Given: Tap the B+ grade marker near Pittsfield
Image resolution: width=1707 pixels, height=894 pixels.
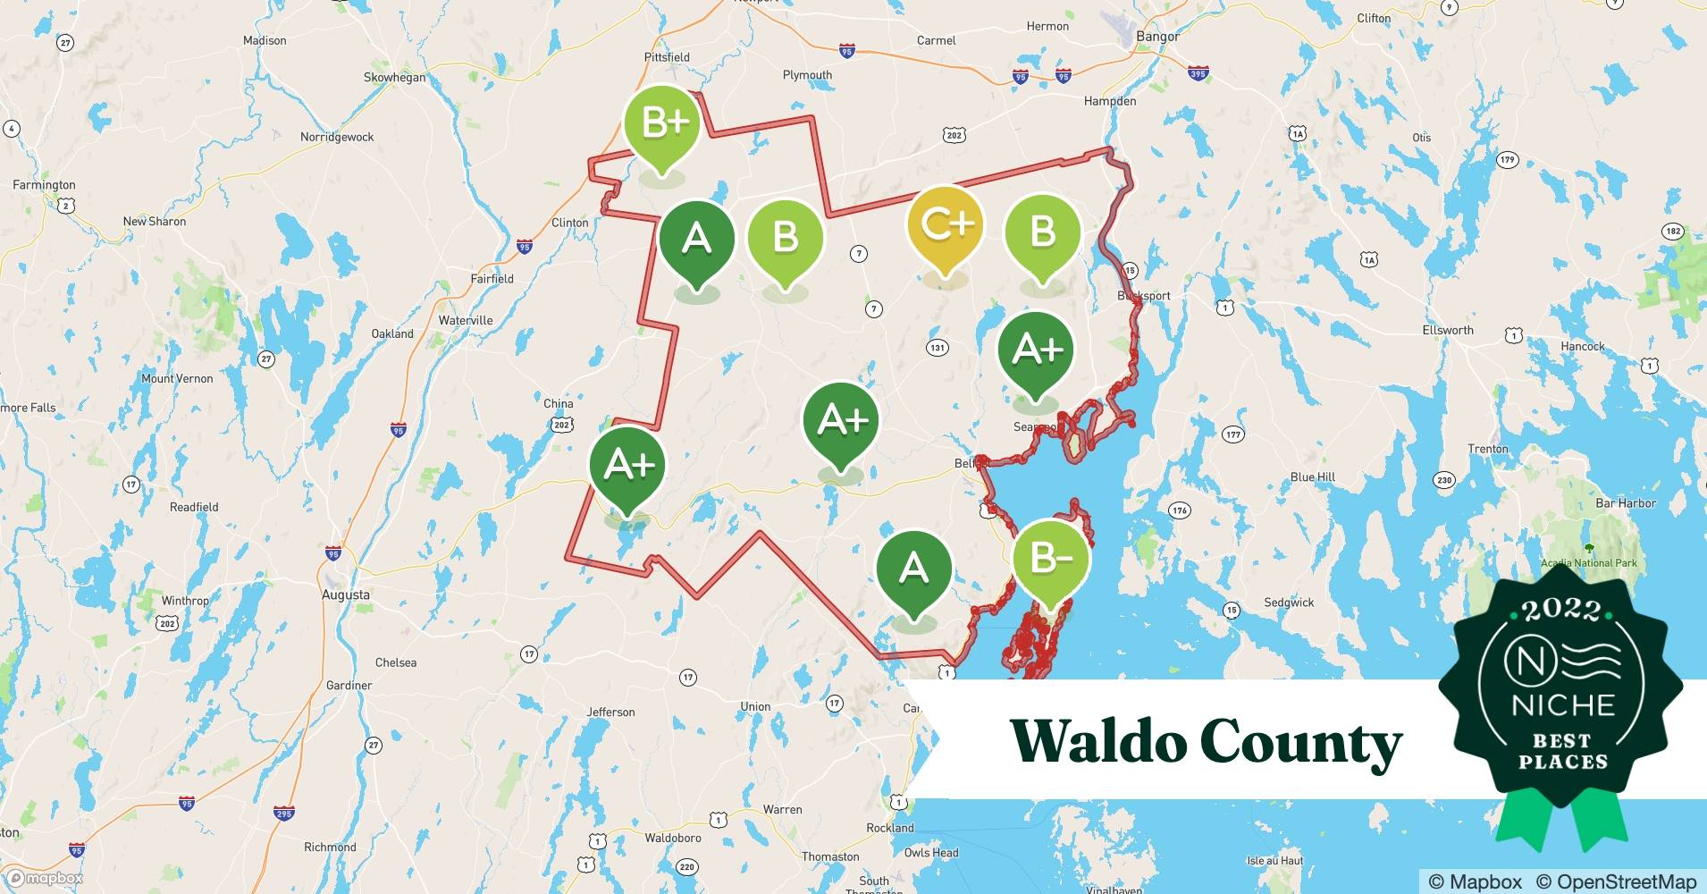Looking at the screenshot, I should click(661, 123).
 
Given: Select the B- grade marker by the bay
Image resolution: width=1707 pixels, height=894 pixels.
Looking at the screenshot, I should click(1051, 559).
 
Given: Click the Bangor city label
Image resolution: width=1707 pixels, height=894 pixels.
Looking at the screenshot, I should click(1157, 37).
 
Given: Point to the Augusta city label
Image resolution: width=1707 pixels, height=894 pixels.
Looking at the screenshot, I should click(345, 595).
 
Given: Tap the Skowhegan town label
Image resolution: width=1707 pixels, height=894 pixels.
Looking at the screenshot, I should click(394, 78).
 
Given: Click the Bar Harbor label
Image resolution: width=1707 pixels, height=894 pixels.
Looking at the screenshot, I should click(1626, 503).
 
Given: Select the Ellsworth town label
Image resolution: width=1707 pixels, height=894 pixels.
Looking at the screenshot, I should click(1448, 330).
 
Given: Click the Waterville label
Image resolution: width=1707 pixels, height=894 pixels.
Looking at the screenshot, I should click(466, 320).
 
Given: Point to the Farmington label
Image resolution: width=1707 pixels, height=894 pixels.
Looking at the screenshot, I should click(44, 185).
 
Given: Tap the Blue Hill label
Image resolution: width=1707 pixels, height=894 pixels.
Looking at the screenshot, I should click(1312, 477).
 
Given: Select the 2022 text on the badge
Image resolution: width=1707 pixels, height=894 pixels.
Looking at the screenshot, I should click(1561, 611).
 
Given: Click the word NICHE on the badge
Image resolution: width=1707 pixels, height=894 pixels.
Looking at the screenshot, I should click(1563, 705).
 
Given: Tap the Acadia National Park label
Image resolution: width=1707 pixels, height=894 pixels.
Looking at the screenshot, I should click(1588, 563).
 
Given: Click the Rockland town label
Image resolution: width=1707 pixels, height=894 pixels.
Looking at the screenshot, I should click(889, 828).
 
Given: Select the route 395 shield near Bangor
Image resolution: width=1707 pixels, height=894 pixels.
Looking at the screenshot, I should click(1198, 73).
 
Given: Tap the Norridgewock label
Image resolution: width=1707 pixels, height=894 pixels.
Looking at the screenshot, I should click(337, 137).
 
